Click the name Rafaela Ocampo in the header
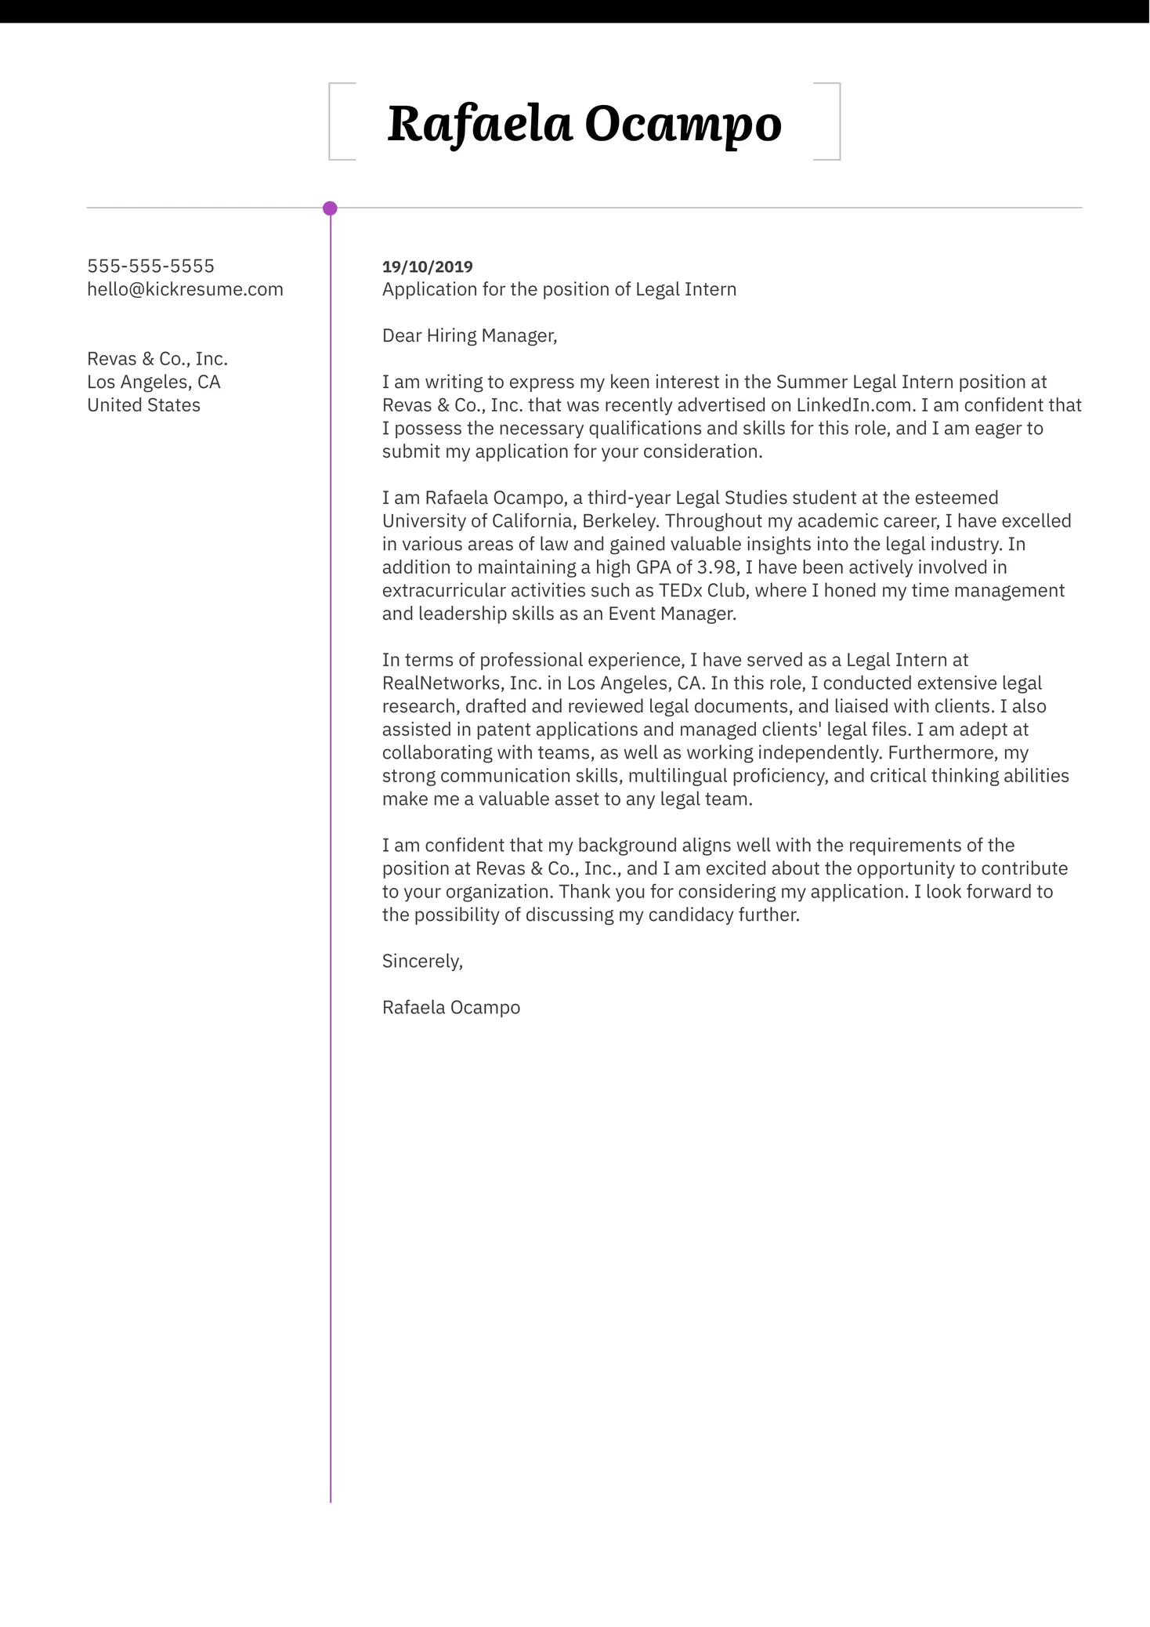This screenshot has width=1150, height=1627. (584, 124)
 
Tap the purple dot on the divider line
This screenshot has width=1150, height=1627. (330, 208)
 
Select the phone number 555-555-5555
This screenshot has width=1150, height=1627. (150, 266)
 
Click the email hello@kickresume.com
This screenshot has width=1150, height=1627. (185, 289)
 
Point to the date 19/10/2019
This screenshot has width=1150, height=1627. (427, 266)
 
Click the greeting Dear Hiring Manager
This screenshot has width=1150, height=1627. (468, 335)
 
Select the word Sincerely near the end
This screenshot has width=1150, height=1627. (421, 961)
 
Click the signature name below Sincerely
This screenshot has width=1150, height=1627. (450, 1007)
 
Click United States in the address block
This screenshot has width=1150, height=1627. (143, 405)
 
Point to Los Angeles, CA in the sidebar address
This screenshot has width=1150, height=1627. (154, 382)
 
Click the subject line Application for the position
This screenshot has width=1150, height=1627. (559, 289)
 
